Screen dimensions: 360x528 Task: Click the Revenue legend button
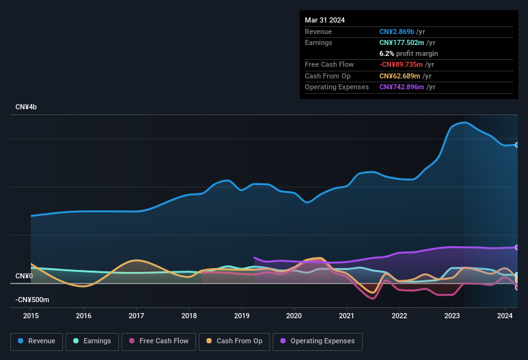37,341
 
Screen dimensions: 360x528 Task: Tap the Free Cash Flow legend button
159,341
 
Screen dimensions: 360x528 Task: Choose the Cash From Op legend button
234,341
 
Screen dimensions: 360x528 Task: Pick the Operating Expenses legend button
318,341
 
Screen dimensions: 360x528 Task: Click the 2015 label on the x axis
32,316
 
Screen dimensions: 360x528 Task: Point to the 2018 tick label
189,316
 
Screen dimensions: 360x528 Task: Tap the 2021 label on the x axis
347,316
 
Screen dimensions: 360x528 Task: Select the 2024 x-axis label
504,316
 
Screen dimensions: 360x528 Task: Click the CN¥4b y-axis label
26,107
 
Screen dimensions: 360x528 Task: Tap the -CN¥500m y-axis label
32,300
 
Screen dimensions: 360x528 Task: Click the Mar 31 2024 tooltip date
325,20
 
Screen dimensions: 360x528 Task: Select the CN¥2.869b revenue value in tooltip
397,32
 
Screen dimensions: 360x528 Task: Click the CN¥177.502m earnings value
402,42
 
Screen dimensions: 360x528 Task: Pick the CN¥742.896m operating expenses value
402,87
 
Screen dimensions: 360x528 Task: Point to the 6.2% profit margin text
408,53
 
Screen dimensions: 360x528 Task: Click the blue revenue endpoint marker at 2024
517,145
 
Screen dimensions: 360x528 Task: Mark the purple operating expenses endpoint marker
517,248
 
